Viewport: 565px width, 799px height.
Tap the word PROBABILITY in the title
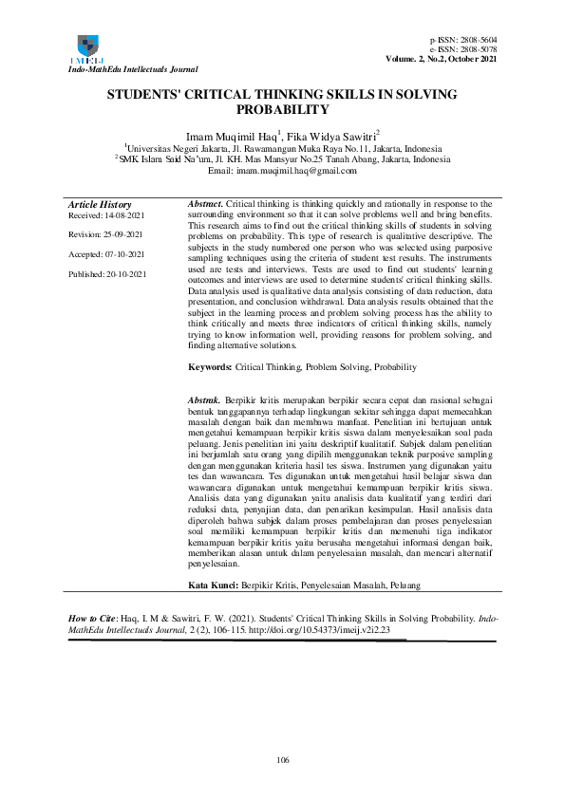pos(282,109)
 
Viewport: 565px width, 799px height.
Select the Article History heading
pos(100,205)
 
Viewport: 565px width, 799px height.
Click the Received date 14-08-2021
pos(119,216)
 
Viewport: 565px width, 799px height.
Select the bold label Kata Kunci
pos(213,586)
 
